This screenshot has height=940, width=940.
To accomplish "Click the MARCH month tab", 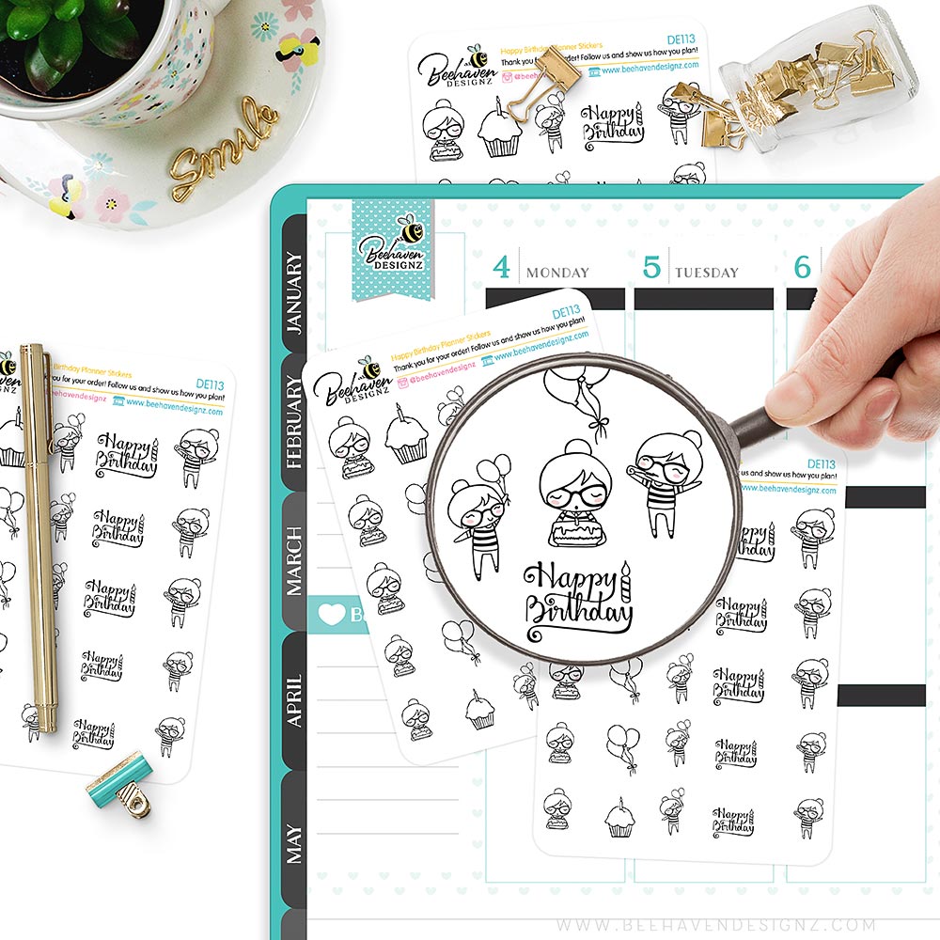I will [294, 560].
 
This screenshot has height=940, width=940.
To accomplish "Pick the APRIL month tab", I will [294, 699].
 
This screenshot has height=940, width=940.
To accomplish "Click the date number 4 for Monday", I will [502, 268].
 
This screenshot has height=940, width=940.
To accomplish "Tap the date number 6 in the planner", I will [802, 268].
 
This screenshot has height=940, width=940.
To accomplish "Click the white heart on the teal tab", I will [332, 615].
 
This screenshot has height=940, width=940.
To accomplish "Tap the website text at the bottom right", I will [728, 925].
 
